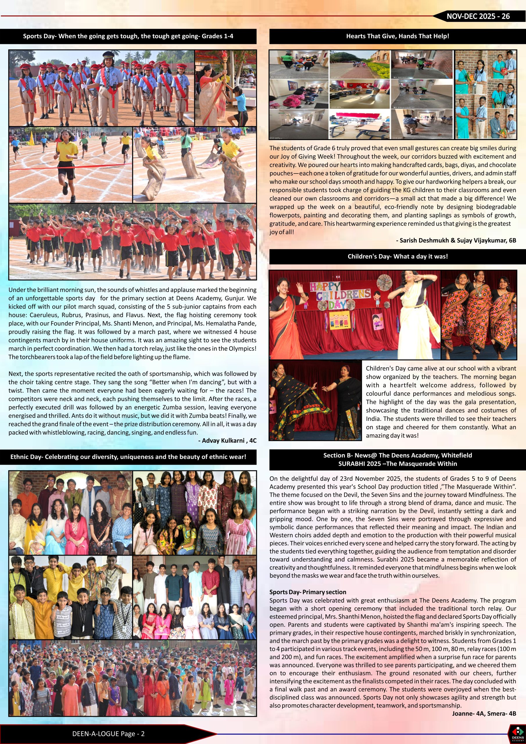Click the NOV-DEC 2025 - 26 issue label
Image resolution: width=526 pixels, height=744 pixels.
point(478,17)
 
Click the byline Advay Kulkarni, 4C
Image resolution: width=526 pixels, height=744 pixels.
point(227,441)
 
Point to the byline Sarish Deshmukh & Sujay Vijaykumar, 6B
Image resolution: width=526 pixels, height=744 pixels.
point(456,240)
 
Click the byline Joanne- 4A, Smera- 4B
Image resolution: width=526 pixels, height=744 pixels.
point(484,713)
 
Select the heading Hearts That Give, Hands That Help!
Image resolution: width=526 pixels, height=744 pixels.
point(397,36)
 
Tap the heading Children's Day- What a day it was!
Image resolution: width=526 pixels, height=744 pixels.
point(397,256)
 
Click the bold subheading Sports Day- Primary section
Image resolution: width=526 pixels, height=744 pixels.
point(307,592)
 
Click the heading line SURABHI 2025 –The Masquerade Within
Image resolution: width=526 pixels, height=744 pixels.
point(397,464)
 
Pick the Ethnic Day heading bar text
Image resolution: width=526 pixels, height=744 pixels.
point(128,457)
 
